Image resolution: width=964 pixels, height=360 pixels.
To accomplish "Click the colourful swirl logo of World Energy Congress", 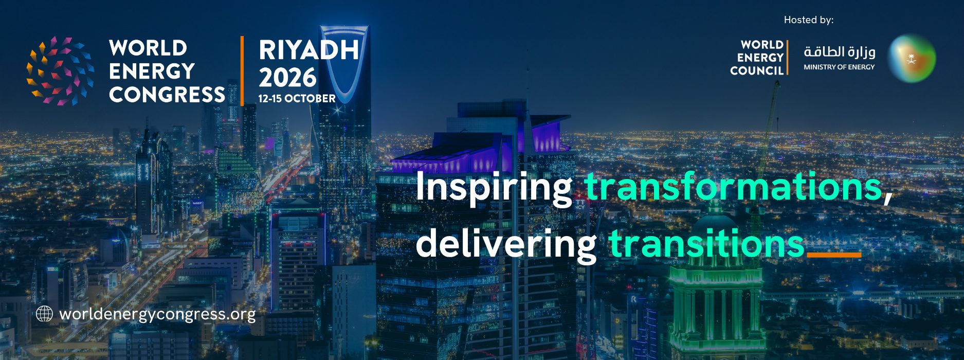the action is pyautogui.click(x=61, y=71).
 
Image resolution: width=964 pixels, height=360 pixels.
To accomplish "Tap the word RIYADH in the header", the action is pyautogui.click(x=309, y=50).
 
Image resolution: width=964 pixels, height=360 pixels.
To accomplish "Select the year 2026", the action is pyautogui.click(x=287, y=77).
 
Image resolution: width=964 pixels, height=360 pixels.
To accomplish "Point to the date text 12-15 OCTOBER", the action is pyautogui.click(x=297, y=98).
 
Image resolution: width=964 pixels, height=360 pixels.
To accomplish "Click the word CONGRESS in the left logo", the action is pyautogui.click(x=167, y=94).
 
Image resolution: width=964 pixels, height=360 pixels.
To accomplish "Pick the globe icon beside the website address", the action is pyautogui.click(x=45, y=314).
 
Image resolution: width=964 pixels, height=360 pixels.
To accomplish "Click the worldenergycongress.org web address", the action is pyautogui.click(x=157, y=314).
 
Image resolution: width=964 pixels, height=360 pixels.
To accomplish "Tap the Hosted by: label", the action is pyautogui.click(x=809, y=20).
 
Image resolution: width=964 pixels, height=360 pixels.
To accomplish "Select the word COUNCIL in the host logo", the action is pyautogui.click(x=757, y=70).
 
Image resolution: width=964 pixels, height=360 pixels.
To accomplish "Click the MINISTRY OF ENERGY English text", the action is pyautogui.click(x=839, y=67).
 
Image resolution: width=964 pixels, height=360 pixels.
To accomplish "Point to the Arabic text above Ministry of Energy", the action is pyautogui.click(x=839, y=51).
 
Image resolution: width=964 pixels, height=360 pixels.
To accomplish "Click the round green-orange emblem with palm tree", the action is pyautogui.click(x=912, y=58).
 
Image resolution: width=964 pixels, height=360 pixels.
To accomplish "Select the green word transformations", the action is pyautogui.click(x=734, y=186).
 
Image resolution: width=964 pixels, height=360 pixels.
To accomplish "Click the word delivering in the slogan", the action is pyautogui.click(x=506, y=244).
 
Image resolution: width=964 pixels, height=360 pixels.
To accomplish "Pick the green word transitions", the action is pyautogui.click(x=706, y=243).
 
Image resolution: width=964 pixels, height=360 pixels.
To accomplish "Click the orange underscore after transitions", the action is pyautogui.click(x=834, y=255).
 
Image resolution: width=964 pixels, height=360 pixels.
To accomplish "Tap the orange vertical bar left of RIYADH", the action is pyautogui.click(x=242, y=71).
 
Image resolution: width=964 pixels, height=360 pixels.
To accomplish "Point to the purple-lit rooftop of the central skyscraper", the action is pyautogui.click(x=481, y=149).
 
